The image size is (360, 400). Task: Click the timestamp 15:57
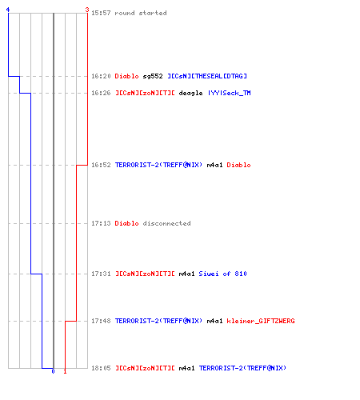101,13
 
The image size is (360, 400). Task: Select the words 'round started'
141,13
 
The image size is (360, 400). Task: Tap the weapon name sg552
153,76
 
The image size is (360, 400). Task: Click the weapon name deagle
190,93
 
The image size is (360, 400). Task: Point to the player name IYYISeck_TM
230,93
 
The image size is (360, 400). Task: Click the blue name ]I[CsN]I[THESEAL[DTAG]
207,76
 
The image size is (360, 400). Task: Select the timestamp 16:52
101,165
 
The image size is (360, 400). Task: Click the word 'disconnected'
166,223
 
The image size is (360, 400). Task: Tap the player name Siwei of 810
223,274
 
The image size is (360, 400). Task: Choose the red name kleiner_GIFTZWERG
261,321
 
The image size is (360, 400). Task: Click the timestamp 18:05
101,368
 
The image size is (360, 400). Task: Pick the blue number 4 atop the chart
8,10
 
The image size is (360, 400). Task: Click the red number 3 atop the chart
87,10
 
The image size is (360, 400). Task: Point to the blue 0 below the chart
53,371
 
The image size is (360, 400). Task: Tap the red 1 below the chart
65,371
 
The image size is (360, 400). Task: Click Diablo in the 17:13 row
126,223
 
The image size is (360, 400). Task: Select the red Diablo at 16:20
126,76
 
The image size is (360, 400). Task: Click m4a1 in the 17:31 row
186,274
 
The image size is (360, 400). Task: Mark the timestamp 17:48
101,321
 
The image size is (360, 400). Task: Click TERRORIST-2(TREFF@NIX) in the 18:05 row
242,368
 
